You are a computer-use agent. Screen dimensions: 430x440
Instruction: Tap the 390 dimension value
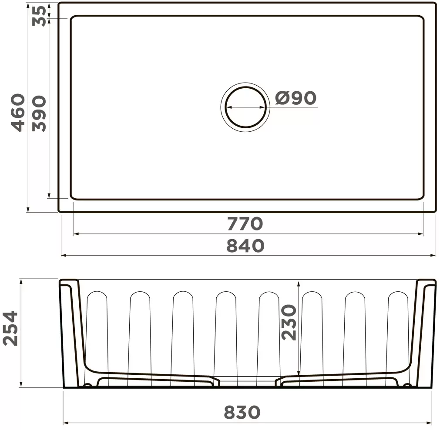point(39,114)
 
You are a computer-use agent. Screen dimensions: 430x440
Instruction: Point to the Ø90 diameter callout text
point(296,98)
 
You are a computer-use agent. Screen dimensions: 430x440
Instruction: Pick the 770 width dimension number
point(245,224)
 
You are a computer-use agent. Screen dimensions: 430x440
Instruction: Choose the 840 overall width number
point(245,246)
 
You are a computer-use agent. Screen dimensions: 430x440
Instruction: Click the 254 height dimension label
point(10,328)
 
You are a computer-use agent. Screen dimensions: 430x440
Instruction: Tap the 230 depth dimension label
point(289,322)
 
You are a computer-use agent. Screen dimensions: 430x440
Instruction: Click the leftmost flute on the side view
point(97,330)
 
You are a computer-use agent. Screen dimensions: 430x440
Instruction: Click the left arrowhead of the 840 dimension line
point(64,256)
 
